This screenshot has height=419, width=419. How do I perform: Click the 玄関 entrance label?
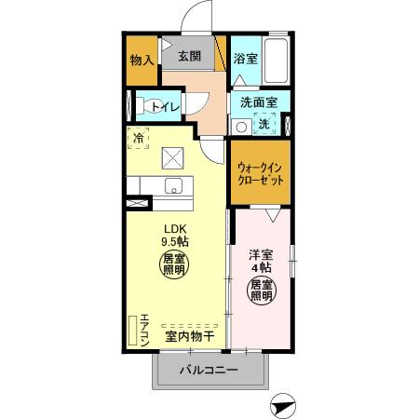pos(189,56)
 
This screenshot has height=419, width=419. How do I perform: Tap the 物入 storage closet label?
pos(142,61)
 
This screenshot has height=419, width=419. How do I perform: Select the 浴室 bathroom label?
pos(245,58)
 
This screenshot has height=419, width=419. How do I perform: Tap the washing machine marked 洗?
pos(264,124)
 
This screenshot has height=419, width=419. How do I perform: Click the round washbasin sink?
pos(240,126)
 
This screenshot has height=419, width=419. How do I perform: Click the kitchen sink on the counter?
pos(173,185)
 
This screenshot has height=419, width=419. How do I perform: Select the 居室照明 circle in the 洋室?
pos(261,290)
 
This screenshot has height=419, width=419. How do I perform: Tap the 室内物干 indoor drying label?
pos(190,335)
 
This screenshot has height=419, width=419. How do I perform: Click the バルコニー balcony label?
pos(210,371)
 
